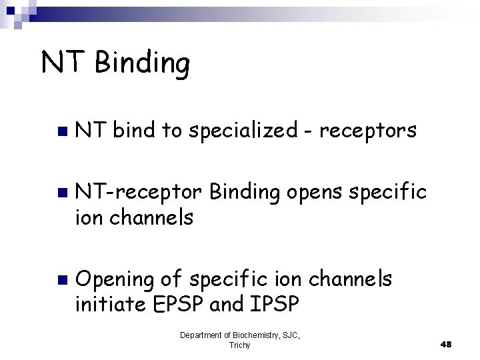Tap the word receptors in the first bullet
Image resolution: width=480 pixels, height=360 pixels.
369,132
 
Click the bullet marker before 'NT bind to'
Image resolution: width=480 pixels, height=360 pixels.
62,132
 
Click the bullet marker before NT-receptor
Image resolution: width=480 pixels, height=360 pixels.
62,194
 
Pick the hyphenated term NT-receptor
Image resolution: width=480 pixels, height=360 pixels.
138,193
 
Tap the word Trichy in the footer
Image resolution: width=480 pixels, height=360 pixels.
239,345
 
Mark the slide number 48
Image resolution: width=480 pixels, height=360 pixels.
446,344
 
